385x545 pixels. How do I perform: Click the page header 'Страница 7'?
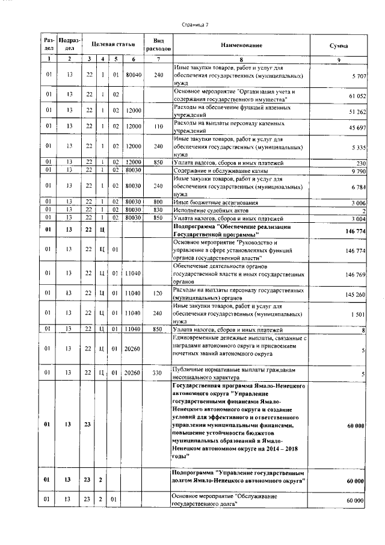tap(194, 25)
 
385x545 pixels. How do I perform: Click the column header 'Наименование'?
tap(241, 45)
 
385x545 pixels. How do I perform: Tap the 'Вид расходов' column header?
tap(159, 45)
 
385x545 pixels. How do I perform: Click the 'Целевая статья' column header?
tap(112, 45)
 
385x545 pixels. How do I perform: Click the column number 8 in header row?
tap(241, 58)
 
